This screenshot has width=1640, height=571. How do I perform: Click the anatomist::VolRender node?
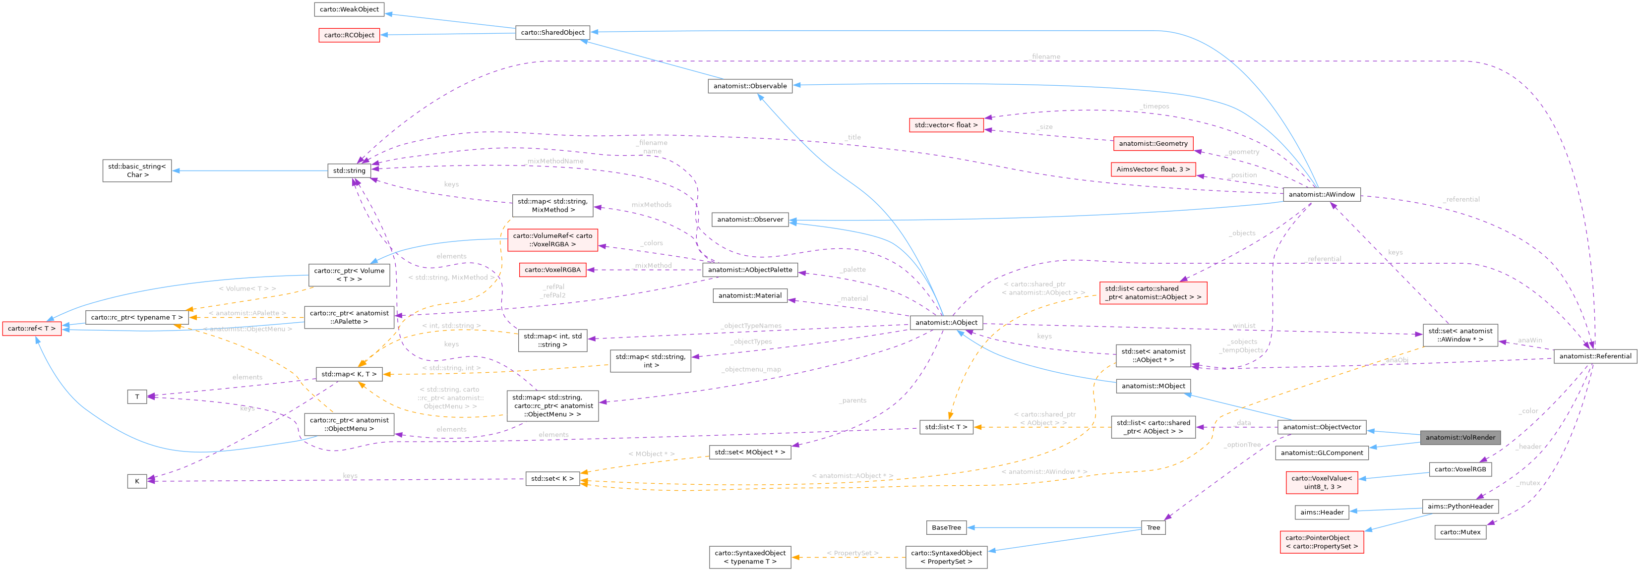(x=1460, y=437)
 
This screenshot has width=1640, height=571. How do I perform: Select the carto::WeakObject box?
(x=349, y=9)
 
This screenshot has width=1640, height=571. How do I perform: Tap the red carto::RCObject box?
(x=349, y=35)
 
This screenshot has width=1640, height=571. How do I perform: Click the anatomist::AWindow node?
(x=1322, y=194)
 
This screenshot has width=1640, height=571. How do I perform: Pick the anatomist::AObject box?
(x=946, y=323)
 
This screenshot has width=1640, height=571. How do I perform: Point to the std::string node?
(x=349, y=171)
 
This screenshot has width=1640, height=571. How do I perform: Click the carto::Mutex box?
(x=1460, y=532)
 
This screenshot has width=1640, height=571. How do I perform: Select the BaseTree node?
(x=946, y=528)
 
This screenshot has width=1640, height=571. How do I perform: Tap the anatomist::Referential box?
(x=1595, y=356)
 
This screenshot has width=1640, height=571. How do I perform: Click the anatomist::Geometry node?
(x=1153, y=144)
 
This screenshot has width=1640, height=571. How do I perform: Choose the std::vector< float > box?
(x=946, y=125)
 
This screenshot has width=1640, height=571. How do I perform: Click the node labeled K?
(x=137, y=481)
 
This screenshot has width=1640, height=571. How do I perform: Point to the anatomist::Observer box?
(x=750, y=220)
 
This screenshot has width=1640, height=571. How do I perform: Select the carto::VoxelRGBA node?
(x=552, y=270)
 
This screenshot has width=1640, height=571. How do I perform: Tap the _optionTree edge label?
(x=1241, y=445)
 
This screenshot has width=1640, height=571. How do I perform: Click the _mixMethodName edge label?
(x=555, y=161)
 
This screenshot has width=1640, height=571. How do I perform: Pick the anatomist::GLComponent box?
(x=1322, y=453)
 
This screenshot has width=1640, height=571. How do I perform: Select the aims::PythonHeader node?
(x=1460, y=507)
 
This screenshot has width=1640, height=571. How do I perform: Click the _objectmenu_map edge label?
(x=751, y=369)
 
